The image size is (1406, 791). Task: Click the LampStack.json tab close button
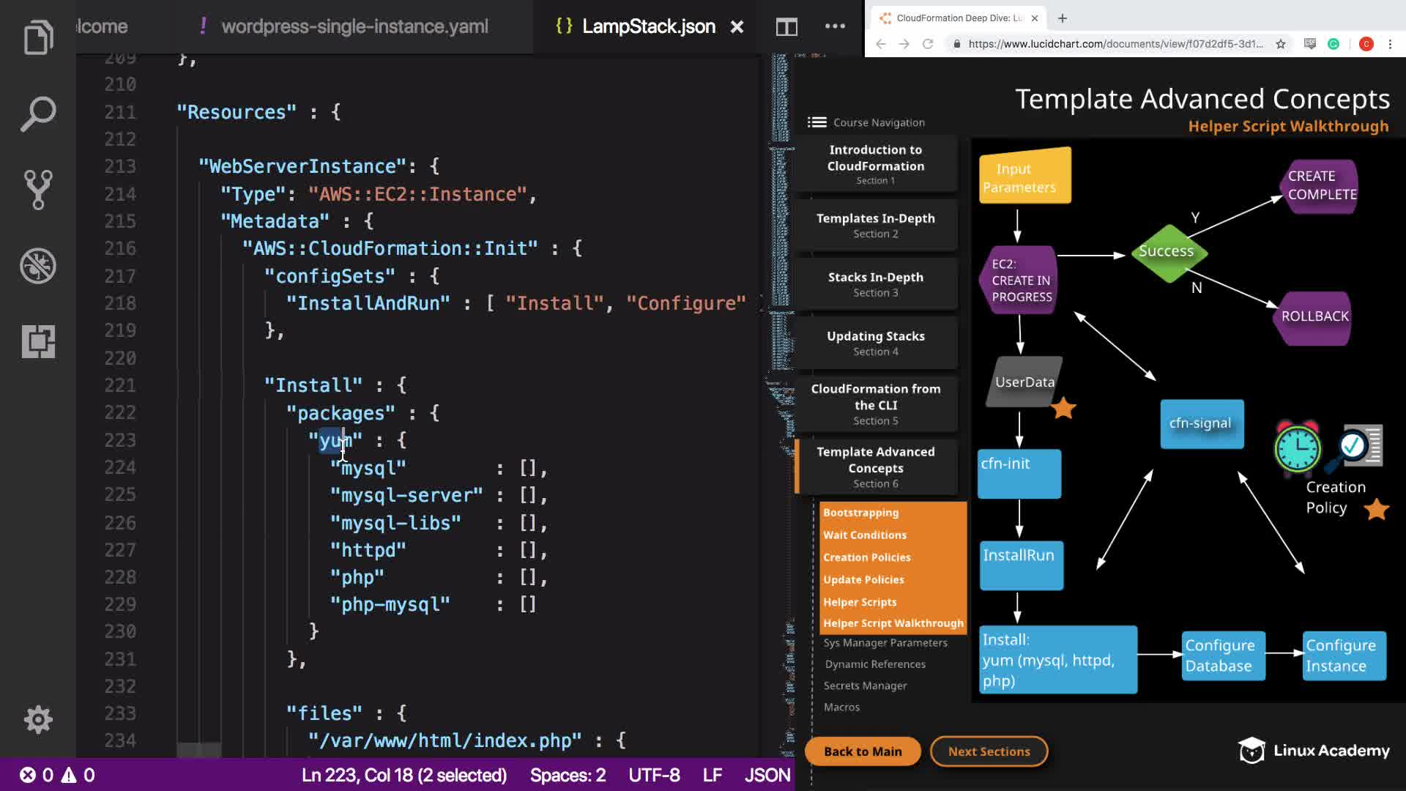(x=737, y=27)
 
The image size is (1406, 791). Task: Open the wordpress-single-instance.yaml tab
(x=354, y=27)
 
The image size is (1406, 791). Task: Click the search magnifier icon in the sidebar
(x=38, y=114)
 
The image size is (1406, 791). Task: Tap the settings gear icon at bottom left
(x=38, y=719)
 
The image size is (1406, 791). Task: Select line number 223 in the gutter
(x=120, y=440)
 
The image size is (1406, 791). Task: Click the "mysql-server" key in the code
(x=406, y=496)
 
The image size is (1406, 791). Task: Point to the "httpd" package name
(x=368, y=550)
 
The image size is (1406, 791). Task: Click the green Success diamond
(x=1168, y=252)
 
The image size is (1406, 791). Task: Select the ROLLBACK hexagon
(x=1314, y=316)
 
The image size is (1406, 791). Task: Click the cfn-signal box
(x=1202, y=423)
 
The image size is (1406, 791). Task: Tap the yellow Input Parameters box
(x=1024, y=177)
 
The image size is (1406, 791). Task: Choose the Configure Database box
(x=1220, y=656)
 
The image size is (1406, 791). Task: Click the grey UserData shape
(x=1024, y=382)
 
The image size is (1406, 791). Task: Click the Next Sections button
(x=989, y=751)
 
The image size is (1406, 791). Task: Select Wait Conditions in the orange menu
(x=865, y=535)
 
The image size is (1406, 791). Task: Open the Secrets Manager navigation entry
(x=865, y=686)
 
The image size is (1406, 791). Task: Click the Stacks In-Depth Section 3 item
(x=876, y=284)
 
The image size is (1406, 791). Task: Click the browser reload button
(x=928, y=44)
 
